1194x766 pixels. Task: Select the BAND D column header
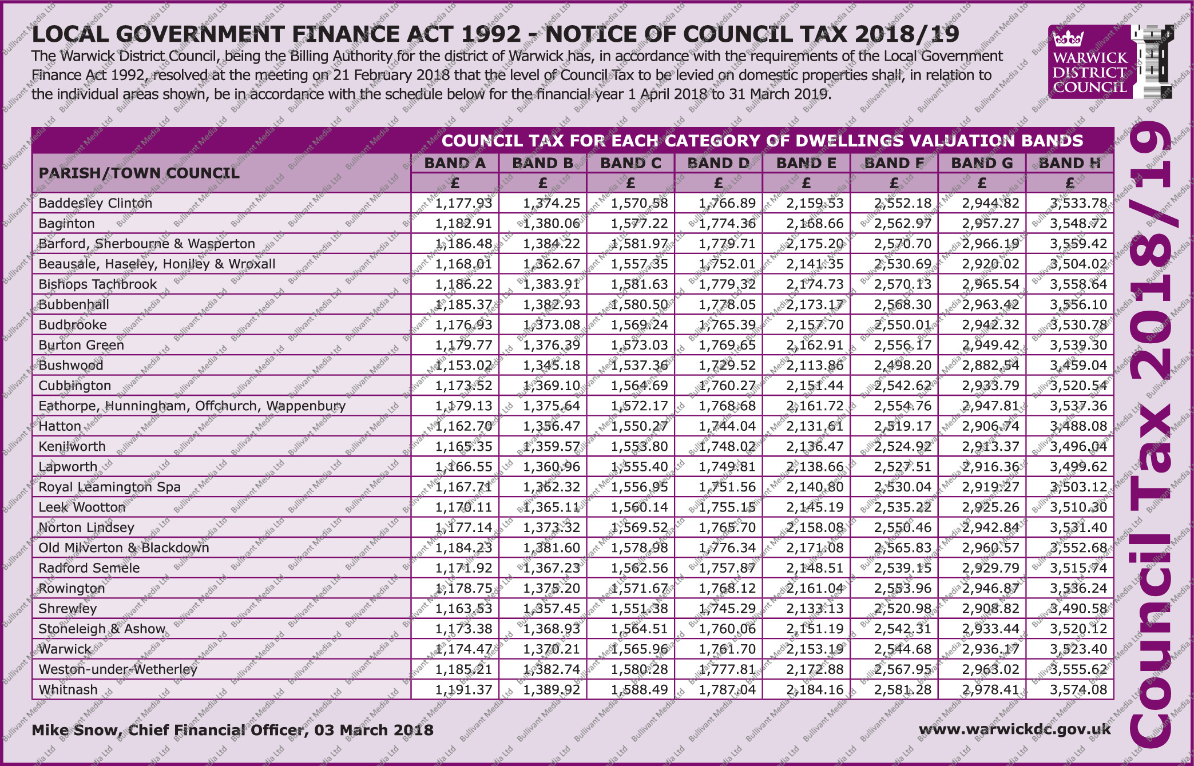pos(718,163)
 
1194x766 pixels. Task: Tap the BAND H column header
pos(1069,163)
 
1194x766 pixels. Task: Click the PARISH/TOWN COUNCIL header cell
pos(139,173)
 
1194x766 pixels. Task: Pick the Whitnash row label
pos(68,689)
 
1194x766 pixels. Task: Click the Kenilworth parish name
pos(72,446)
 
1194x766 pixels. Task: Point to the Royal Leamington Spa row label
pos(109,487)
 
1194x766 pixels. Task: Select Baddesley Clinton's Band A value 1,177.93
pos(463,203)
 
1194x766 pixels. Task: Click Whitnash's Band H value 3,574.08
pos(1078,689)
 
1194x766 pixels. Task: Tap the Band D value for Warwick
pos(727,649)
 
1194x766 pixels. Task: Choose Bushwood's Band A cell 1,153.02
pos(463,365)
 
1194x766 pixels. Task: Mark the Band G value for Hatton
pos(990,426)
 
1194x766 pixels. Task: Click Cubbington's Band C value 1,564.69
pos(639,386)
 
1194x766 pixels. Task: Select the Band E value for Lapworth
pos(815,467)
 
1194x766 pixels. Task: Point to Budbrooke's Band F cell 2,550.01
pos(902,325)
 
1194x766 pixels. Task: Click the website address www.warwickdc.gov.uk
pos(1014,729)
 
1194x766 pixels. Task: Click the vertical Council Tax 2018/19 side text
pos(1153,435)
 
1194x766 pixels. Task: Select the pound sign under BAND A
pos(455,183)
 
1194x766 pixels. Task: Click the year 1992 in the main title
pos(491,34)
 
